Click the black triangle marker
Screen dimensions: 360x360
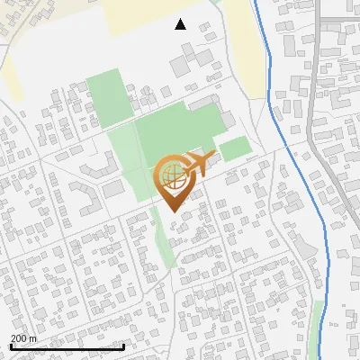pyautogui.click(x=181, y=24)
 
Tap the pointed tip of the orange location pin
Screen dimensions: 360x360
pyautogui.click(x=171, y=211)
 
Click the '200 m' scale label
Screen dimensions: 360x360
pyautogui.click(x=23, y=338)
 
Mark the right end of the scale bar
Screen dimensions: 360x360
pyautogui.click(x=123, y=346)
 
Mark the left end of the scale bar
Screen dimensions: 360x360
pyautogui.click(x=10, y=346)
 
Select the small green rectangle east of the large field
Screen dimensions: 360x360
pyautogui.click(x=235, y=148)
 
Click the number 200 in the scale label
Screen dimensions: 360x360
pyautogui.click(x=18, y=338)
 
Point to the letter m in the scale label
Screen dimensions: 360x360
pyautogui.click(x=32, y=338)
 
